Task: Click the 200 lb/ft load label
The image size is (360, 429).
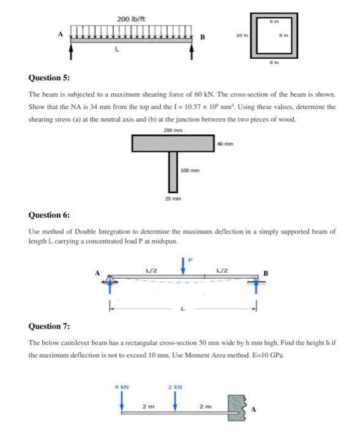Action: coord(130,20)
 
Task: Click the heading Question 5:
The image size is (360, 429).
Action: coord(49,79)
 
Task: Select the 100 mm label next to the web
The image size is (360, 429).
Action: coord(188,170)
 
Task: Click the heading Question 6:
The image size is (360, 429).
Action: coord(49,216)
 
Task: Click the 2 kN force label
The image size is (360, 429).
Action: coord(175,387)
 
